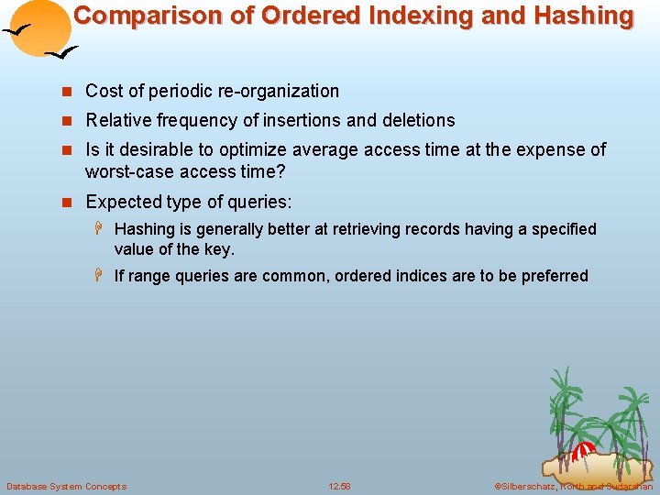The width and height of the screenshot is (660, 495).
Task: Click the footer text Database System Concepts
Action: (x=66, y=486)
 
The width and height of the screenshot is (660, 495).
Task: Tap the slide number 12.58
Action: (x=338, y=486)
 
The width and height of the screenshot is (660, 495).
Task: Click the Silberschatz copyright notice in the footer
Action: (x=573, y=486)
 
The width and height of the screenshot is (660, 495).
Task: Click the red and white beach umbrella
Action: (x=583, y=450)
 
